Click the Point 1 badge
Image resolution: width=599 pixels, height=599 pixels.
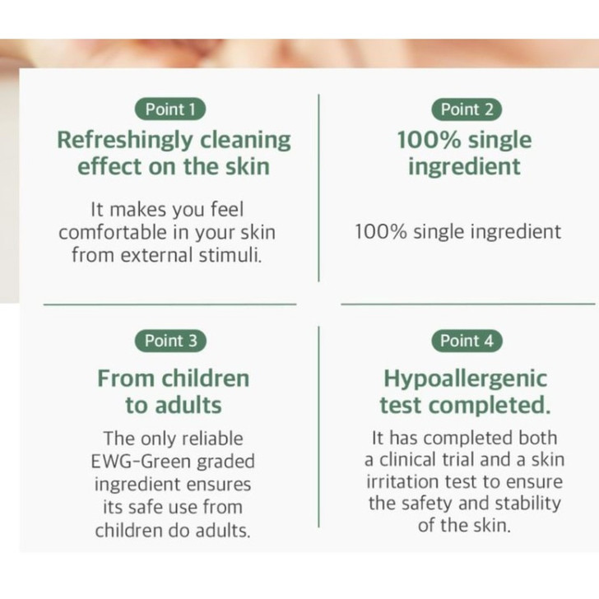point(171,109)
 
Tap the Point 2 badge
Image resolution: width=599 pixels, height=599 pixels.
point(467,109)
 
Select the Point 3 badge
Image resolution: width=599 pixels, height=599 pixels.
point(171,341)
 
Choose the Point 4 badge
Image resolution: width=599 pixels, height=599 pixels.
point(467,341)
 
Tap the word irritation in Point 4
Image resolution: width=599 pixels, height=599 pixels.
point(408,481)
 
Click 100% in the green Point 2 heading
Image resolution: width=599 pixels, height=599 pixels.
point(425,140)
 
